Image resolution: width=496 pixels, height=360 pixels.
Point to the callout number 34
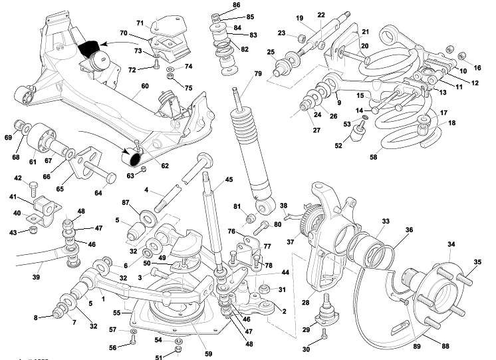click(x=451, y=245)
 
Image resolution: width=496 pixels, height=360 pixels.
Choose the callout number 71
click(x=141, y=23)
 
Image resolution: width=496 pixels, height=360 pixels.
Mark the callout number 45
click(x=229, y=179)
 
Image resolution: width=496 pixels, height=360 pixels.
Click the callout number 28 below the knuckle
click(x=305, y=303)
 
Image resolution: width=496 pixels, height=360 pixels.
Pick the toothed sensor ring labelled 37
click(x=307, y=220)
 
